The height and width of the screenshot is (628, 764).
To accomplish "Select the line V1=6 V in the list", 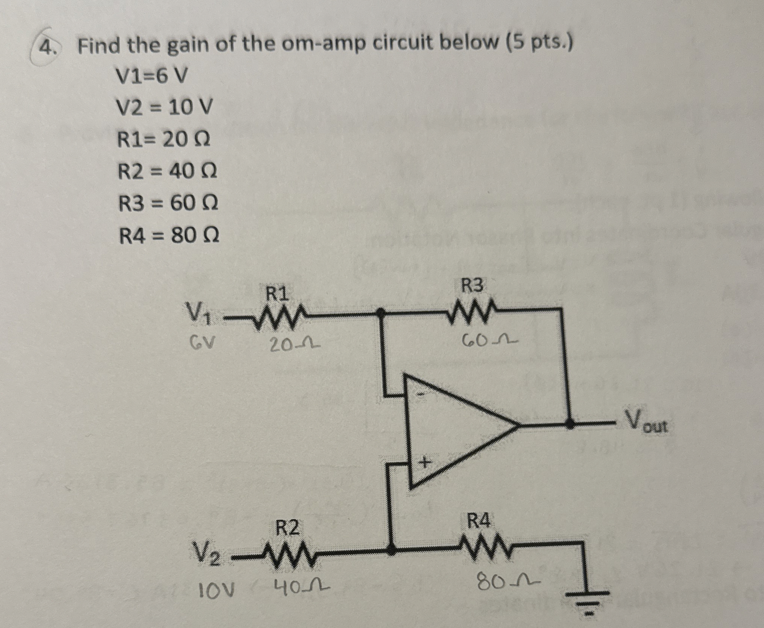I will [152, 77].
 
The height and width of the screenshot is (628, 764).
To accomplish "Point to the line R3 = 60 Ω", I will [168, 204].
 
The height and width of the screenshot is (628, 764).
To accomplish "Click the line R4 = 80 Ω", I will [169, 236].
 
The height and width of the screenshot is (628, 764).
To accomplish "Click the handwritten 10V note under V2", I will [216, 587].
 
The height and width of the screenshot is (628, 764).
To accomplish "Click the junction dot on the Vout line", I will [571, 425].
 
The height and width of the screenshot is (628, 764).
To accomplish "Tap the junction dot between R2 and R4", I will [392, 550].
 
